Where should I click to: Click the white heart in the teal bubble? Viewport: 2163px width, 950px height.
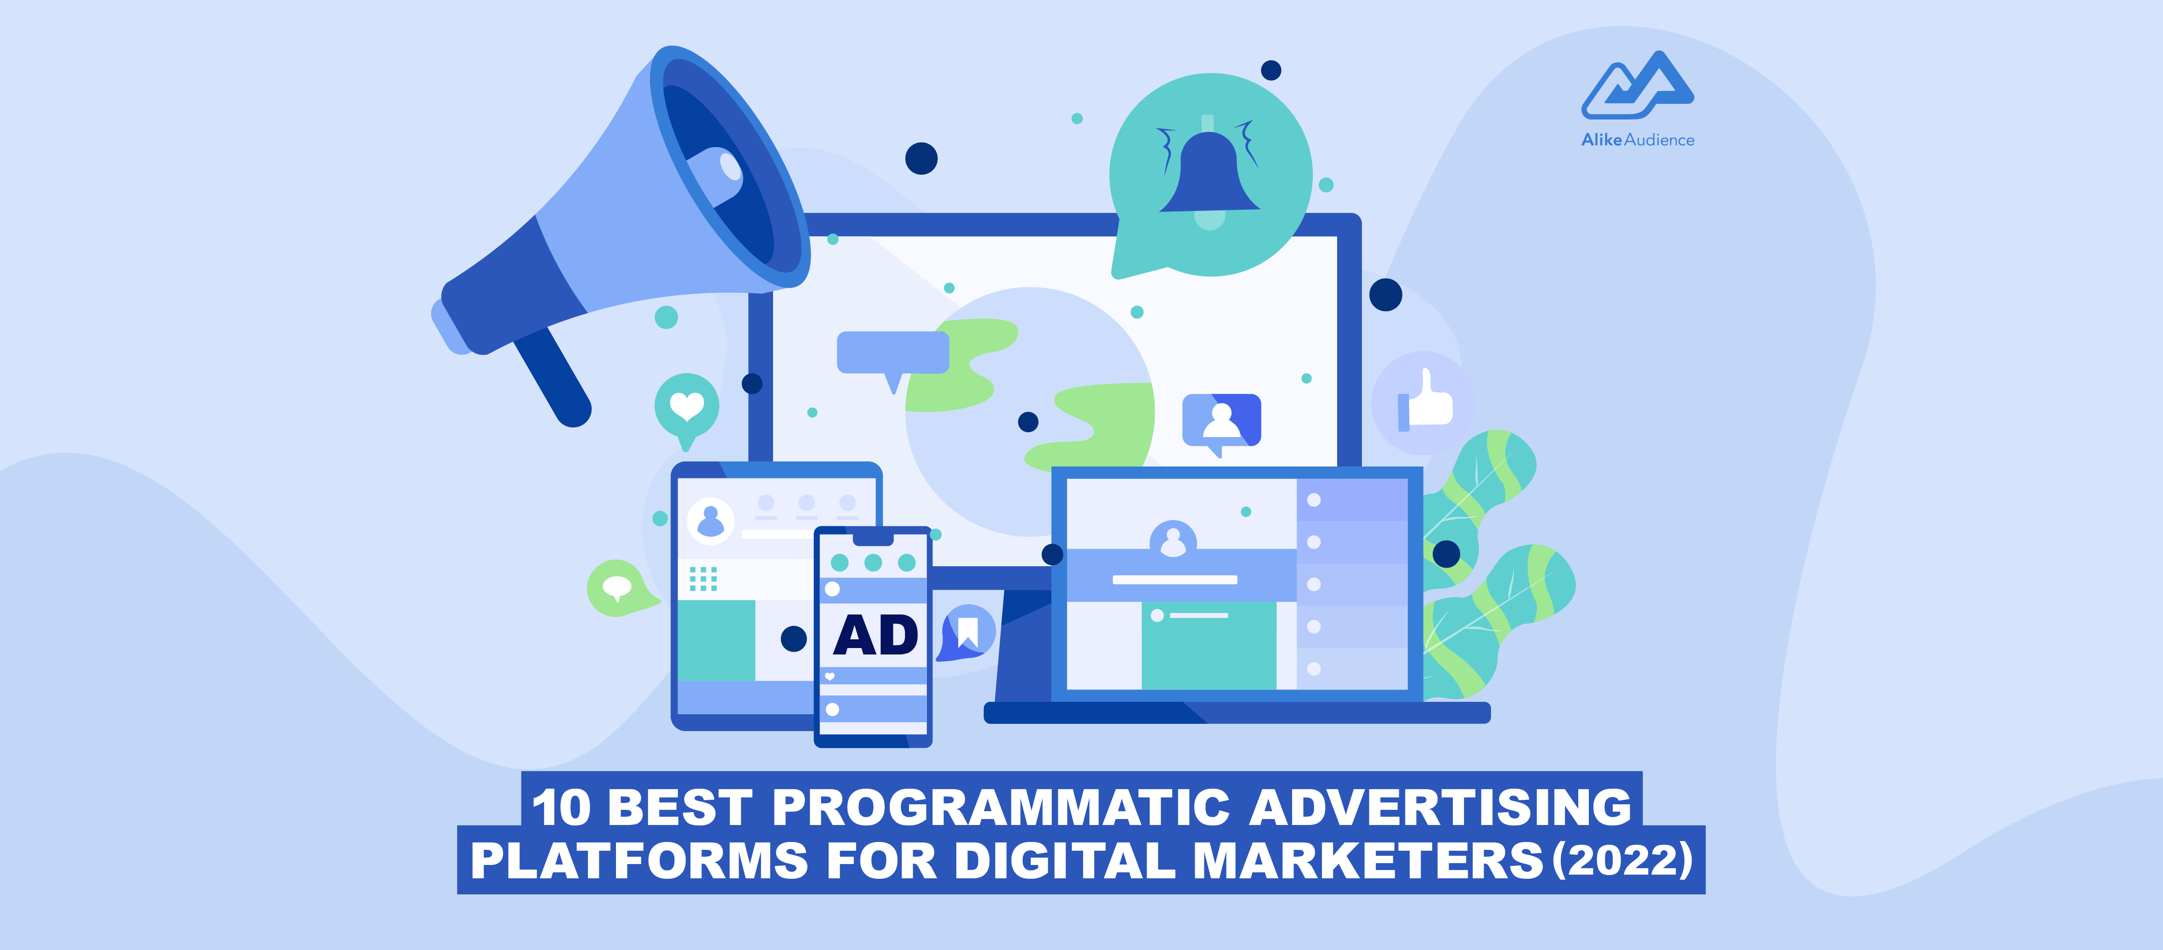click(686, 407)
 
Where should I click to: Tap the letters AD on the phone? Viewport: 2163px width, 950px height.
click(875, 635)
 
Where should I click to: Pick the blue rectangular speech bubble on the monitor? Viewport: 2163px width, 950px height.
click(892, 353)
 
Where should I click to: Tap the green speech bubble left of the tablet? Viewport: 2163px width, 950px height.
click(619, 587)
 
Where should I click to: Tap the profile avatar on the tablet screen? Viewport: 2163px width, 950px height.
click(711, 521)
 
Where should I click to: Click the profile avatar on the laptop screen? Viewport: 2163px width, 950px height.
click(1173, 540)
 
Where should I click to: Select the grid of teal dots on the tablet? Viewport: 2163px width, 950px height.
click(703, 579)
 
